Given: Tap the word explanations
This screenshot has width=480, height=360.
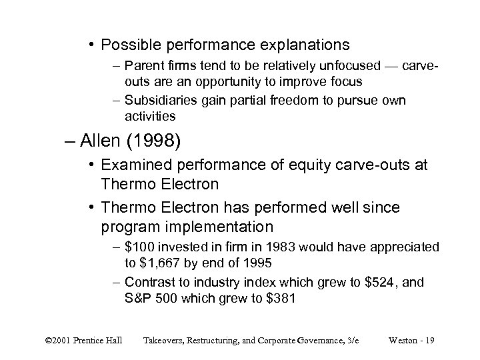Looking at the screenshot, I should tap(302, 45).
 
